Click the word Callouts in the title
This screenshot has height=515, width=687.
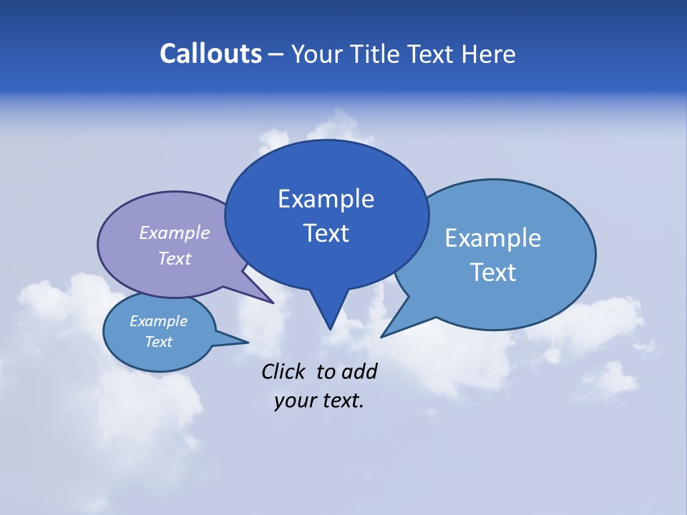[x=210, y=54]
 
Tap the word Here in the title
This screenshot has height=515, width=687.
[x=489, y=54]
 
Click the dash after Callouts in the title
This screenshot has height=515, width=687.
[x=276, y=54]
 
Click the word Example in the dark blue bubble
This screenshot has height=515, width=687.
[x=326, y=199]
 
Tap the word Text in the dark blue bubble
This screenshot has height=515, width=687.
[x=326, y=233]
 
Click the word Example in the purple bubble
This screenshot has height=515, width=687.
[x=175, y=232]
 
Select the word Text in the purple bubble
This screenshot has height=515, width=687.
[x=175, y=258]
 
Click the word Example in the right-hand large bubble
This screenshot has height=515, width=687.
[x=493, y=238]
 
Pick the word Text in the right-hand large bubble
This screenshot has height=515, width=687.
[x=493, y=273]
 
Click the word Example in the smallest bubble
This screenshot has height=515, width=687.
[x=159, y=321]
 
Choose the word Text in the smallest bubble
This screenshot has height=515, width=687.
[x=159, y=342]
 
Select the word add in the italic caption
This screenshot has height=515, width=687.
[x=359, y=371]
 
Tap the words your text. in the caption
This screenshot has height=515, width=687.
[x=319, y=401]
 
